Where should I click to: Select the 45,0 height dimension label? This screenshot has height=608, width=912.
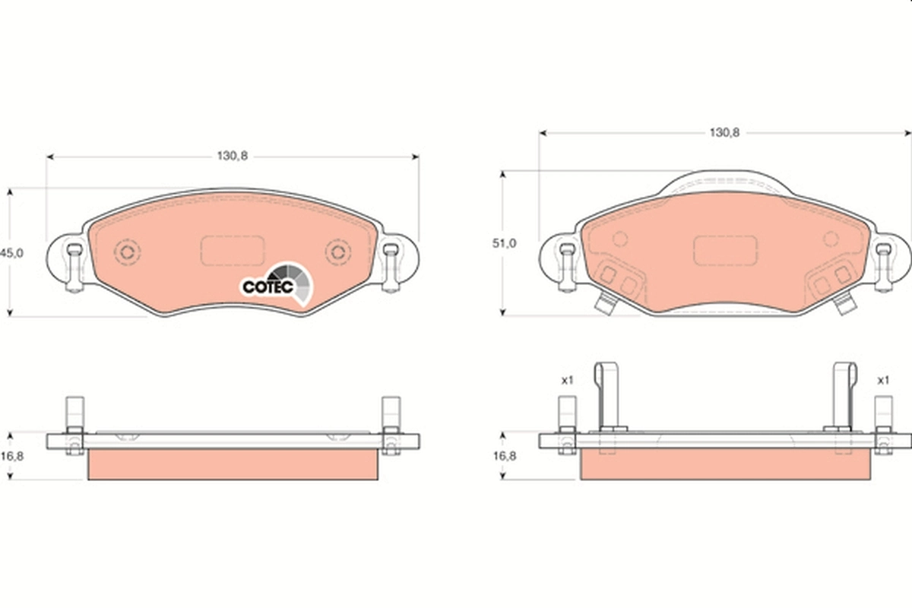[11, 252]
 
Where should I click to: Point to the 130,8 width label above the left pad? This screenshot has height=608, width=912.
[233, 156]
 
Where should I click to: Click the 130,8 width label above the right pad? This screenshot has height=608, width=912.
[724, 132]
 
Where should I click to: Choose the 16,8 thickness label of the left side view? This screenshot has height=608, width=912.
[11, 456]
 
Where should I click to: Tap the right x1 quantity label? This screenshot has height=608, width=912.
[882, 380]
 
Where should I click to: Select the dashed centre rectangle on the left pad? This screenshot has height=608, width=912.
[233, 250]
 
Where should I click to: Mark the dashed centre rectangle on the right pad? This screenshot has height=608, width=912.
[725, 250]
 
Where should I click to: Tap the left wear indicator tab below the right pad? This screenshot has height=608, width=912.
[605, 305]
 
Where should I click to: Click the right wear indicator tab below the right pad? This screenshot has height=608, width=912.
[844, 305]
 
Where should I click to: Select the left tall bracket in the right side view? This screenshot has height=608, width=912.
[609, 395]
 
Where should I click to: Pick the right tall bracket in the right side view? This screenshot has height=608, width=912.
[844, 395]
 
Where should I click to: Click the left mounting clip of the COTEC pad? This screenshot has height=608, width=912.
[74, 268]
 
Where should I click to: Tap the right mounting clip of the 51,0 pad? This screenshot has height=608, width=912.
[883, 268]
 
